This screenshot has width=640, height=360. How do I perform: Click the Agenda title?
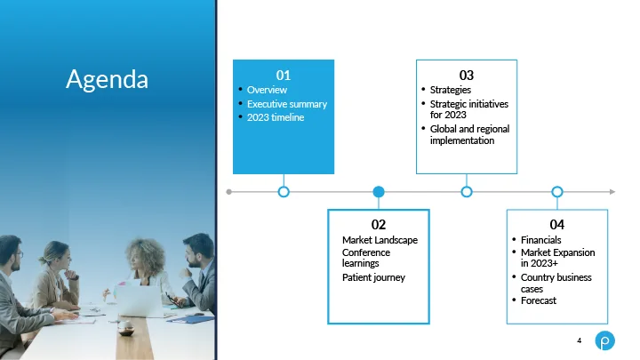[x=107, y=79]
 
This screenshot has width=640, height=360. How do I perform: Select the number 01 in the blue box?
[x=284, y=75]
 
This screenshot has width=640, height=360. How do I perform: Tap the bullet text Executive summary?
[x=287, y=104]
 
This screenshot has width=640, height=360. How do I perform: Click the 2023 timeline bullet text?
[x=276, y=117]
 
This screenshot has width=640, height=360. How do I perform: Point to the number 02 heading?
[x=379, y=225]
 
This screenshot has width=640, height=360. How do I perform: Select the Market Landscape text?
[x=380, y=240]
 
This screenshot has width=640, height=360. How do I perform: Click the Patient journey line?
[x=373, y=277]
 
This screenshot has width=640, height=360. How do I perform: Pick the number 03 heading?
[x=467, y=75]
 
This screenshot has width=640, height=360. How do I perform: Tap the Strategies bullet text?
[x=450, y=90]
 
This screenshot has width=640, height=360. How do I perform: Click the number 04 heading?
[x=557, y=225]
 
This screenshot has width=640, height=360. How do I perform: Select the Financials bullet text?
[x=540, y=240]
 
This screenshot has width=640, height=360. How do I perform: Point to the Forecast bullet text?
[x=539, y=300]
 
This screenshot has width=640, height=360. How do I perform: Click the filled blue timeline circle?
[x=379, y=191]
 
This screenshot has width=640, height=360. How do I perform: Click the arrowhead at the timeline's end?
[x=612, y=191]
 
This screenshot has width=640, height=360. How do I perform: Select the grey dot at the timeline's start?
[x=229, y=192]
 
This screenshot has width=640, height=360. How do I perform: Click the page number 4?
[x=580, y=340]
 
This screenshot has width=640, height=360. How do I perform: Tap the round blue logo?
[x=605, y=340]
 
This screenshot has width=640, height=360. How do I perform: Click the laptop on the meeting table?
[x=139, y=300]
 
